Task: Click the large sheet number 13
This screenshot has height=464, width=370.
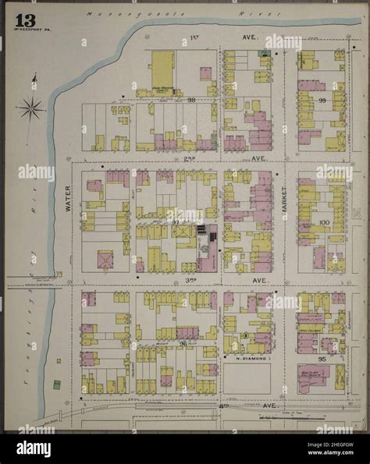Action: click(x=22, y=16)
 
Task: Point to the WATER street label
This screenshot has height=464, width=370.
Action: click(x=67, y=198)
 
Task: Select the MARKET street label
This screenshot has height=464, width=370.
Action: click(x=285, y=201)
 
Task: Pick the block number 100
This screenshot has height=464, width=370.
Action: click(x=323, y=222)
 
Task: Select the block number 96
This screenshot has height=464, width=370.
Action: click(x=182, y=342)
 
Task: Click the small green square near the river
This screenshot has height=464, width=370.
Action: click(x=55, y=384)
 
